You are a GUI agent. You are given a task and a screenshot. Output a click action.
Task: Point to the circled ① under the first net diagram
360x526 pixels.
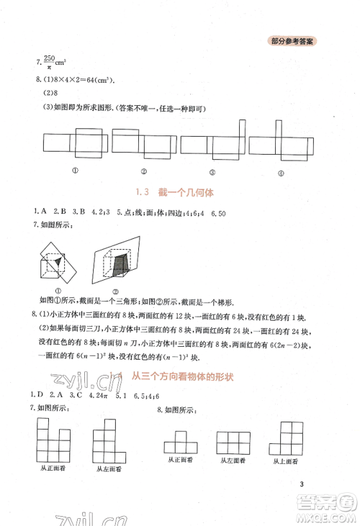click(74, 170)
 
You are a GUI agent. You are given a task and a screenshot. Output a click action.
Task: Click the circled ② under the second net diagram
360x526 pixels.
click(144, 171)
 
